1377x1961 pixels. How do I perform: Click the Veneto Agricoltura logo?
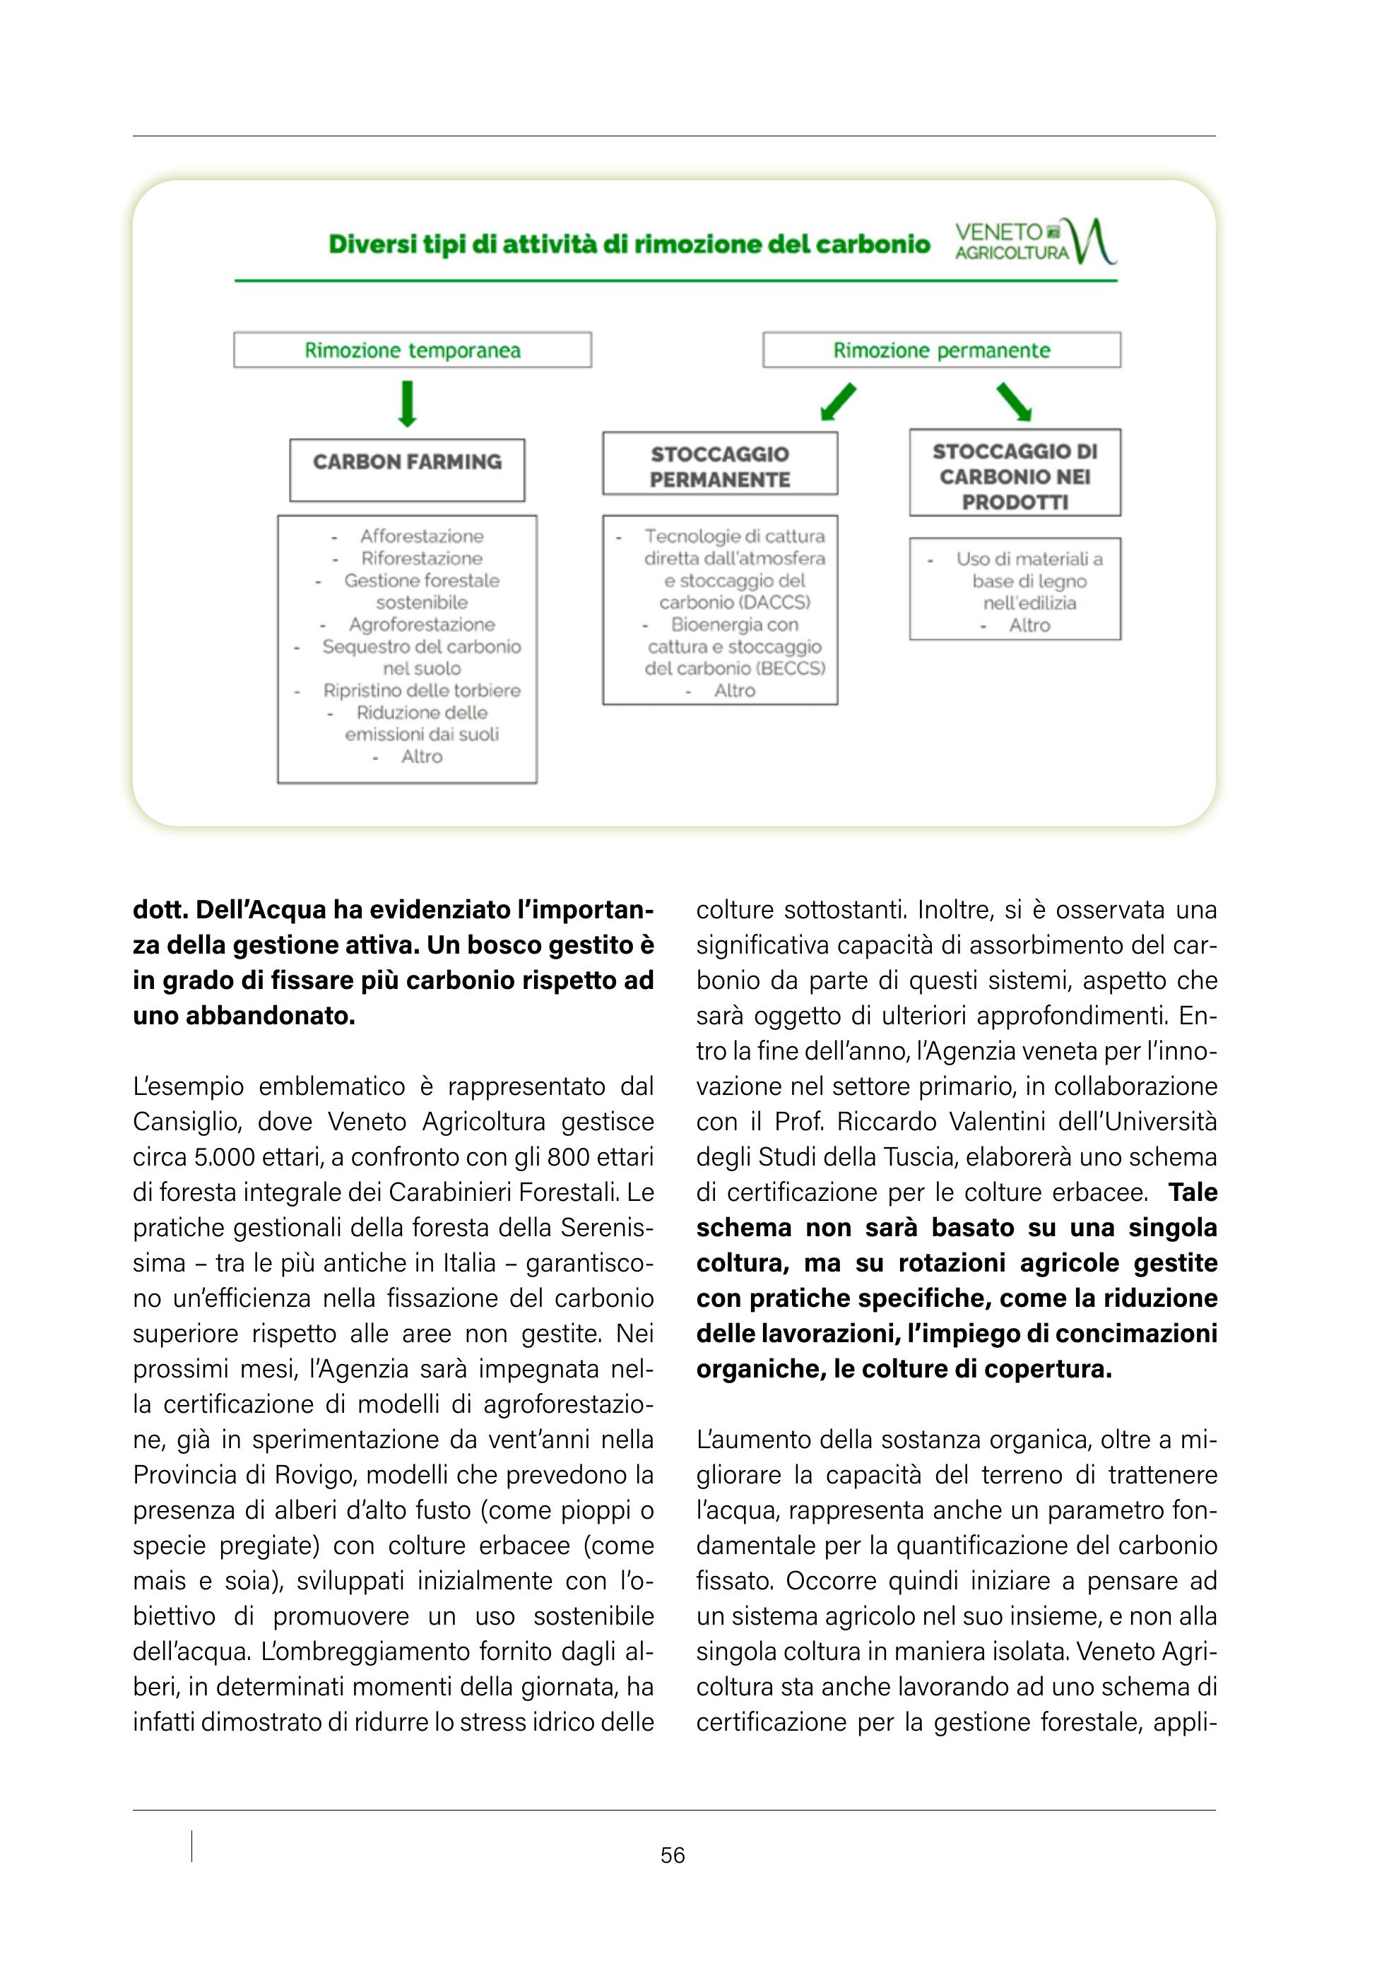point(1034,242)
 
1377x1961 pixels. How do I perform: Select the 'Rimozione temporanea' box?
point(412,350)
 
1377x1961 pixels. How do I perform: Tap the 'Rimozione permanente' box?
point(941,350)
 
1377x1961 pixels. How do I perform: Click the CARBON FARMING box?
point(407,469)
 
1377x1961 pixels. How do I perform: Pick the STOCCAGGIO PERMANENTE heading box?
point(719,464)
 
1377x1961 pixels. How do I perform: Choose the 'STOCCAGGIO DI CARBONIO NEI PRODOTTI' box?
point(1015,473)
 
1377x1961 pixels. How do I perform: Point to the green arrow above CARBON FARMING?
point(408,403)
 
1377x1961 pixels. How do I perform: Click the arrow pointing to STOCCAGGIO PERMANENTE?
point(837,402)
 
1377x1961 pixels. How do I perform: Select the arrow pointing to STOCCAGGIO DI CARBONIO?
point(1014,401)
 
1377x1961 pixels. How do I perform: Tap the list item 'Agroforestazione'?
point(422,624)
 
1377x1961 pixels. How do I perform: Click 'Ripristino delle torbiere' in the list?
point(421,690)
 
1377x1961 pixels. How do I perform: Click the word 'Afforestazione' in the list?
point(421,536)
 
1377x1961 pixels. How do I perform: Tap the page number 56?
point(673,1855)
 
